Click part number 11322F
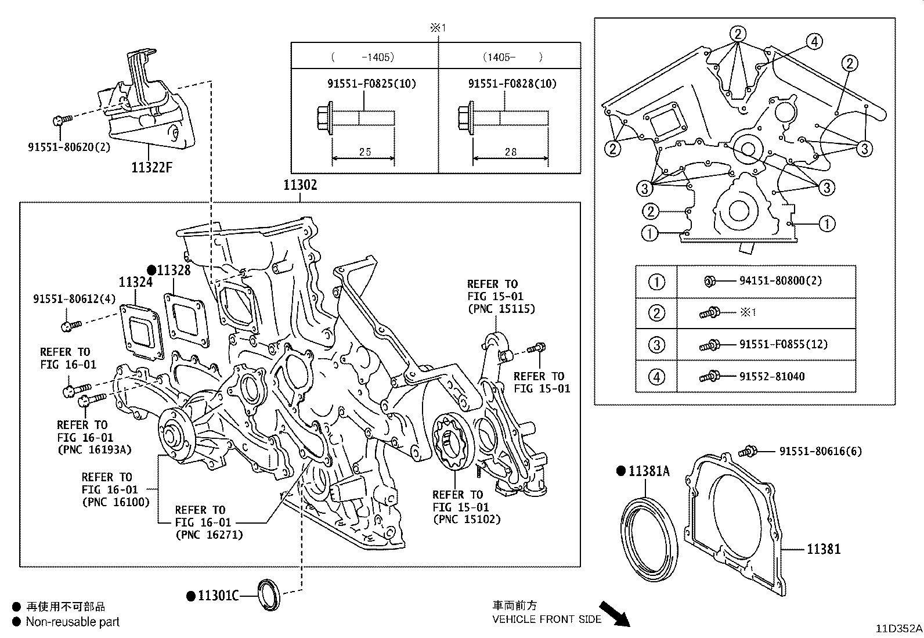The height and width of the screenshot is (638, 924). click(151, 168)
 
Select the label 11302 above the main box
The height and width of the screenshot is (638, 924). click(300, 185)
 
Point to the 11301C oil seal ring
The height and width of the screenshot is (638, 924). click(269, 594)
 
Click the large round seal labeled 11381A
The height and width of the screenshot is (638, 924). click(649, 538)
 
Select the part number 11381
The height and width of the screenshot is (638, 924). click(823, 549)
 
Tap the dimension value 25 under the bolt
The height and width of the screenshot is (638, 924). click(364, 152)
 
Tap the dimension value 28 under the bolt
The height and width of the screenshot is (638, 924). click(510, 152)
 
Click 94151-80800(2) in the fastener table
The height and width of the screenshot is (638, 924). click(780, 281)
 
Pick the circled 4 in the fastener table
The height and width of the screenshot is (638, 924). click(656, 377)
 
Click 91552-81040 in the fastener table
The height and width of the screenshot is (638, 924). click(771, 377)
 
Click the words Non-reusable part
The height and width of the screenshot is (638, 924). click(73, 622)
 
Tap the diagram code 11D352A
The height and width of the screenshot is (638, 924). click(899, 629)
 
